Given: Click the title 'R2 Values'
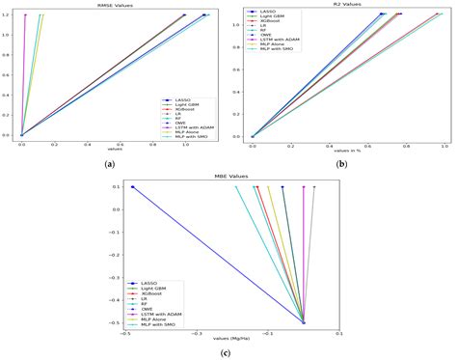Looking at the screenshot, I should tap(344, 5).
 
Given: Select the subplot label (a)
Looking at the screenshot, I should tap(109, 165).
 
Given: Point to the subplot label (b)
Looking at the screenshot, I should tap(341, 165).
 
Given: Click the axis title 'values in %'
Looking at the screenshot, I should tap(345, 152).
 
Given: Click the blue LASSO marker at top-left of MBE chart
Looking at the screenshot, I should tap(133, 187).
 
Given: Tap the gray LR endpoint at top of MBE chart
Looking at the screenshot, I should tap(314, 187).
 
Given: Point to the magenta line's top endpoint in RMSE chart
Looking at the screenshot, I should tap(25, 14).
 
